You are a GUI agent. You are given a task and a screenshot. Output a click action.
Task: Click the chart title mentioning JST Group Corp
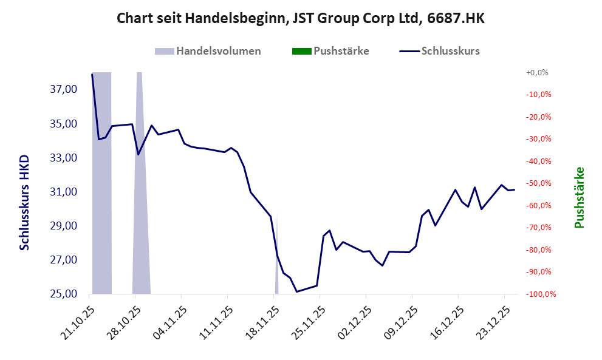[x=301, y=18]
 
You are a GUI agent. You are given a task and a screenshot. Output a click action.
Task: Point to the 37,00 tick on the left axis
[x=63, y=90]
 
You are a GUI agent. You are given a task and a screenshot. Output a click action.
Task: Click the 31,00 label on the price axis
[x=63, y=192]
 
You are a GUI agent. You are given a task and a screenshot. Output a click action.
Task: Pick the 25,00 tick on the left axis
[x=63, y=294]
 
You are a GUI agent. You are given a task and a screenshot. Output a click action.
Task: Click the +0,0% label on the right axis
[x=537, y=72]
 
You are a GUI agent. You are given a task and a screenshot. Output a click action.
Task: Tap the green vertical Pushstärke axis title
[x=579, y=197]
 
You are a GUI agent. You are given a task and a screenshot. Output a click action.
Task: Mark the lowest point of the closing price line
[x=296, y=291]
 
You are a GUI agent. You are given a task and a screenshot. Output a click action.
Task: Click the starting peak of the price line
[x=92, y=75]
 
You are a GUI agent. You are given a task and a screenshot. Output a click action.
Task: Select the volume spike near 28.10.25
[x=140, y=182]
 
